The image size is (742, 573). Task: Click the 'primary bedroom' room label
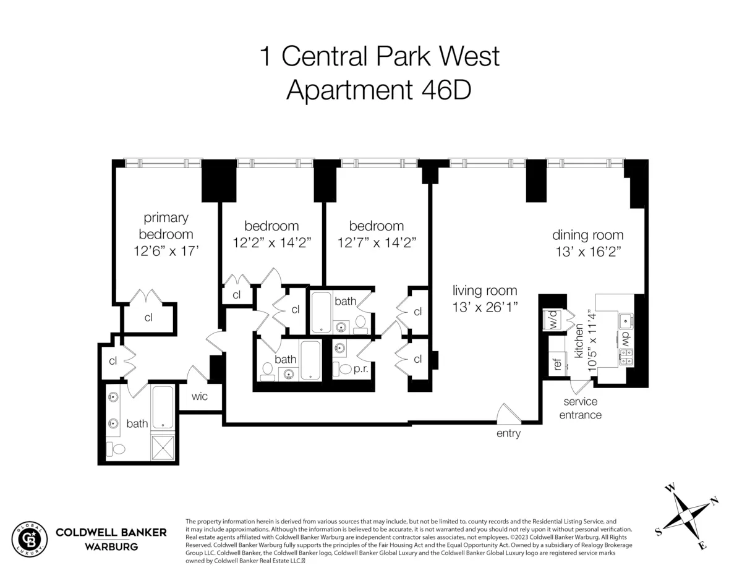tap(166, 226)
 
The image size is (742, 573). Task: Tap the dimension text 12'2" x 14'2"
tap(271, 243)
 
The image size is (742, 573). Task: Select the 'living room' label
tap(485, 290)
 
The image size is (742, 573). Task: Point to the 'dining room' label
tap(587, 235)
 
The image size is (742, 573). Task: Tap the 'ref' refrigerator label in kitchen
tap(557, 364)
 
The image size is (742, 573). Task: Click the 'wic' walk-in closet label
tap(199, 396)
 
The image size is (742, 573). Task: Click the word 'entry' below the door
tap(508, 433)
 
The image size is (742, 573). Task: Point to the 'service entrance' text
tap(580, 409)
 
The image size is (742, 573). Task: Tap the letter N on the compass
tap(714, 501)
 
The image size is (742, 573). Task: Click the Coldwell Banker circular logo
tap(30, 538)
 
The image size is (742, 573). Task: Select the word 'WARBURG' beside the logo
tap(111, 546)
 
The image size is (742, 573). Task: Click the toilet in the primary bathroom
tap(116, 448)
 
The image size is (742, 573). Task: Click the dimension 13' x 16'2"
tap(587, 252)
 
